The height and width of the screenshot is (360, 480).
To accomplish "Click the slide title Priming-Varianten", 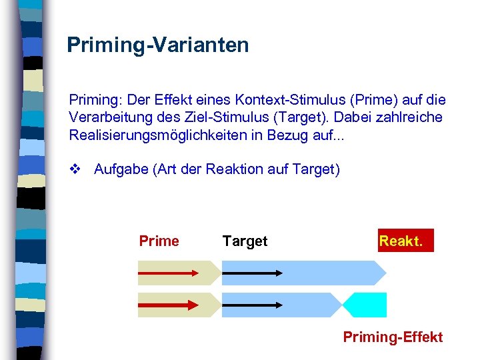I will point(157,45).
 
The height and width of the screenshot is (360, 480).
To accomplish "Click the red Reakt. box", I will point(405,241).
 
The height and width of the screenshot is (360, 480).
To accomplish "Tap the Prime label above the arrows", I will point(159,241).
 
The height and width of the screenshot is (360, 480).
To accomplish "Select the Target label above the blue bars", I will point(245,241).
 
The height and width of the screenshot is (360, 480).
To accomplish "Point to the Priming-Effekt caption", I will point(393,337).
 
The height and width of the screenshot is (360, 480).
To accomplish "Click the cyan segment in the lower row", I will point(369,305).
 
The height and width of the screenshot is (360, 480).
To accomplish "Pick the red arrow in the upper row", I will point(169,272).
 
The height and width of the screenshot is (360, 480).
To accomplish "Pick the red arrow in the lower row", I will point(169,305).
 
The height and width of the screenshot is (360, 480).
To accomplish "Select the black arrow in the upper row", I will point(251,272).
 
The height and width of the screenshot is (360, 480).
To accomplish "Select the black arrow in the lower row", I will point(251,305).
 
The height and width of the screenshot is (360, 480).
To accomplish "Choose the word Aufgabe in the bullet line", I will point(121,169).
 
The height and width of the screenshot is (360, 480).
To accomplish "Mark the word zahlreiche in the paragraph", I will point(409,117).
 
